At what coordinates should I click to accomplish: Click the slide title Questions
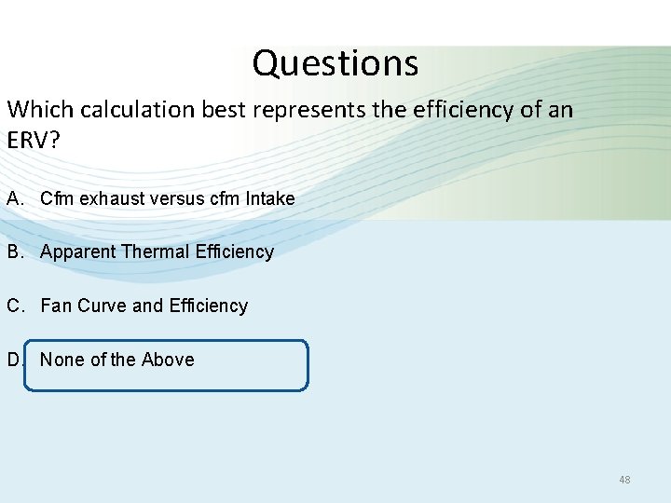335,63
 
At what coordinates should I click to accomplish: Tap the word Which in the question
40,110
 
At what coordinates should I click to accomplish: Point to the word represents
314,110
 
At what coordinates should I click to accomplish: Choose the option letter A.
13,198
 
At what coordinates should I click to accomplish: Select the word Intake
270,198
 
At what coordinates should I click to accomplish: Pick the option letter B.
13,251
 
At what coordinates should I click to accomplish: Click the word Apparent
78,251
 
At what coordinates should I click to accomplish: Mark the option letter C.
13,306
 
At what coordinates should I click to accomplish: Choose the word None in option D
62,360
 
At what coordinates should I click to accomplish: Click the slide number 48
624,480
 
